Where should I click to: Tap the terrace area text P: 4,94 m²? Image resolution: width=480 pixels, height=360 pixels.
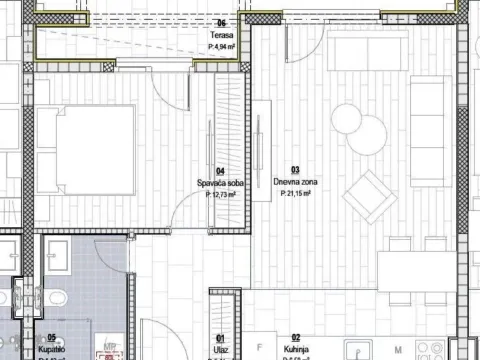220,46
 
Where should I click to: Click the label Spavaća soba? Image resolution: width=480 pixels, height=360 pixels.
220,183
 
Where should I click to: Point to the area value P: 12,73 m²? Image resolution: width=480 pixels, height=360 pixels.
220,195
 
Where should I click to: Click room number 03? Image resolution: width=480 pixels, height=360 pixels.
295,171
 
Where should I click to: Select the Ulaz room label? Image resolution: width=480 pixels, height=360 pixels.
220,349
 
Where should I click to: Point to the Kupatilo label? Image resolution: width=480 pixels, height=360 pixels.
52,349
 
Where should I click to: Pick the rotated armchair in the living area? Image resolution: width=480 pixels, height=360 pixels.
365,196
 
